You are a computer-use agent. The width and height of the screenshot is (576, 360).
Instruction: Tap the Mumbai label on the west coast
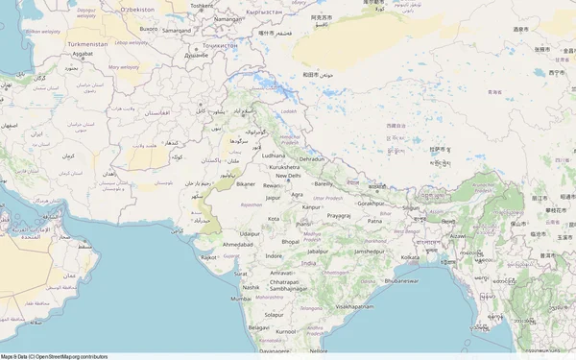(x=241, y=299)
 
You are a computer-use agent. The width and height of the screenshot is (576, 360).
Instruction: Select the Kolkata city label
(x=410, y=257)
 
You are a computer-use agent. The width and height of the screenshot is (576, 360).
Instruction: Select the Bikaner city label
(x=247, y=183)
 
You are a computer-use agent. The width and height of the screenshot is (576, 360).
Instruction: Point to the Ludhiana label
(x=274, y=155)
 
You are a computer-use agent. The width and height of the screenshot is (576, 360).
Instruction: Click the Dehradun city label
(x=312, y=158)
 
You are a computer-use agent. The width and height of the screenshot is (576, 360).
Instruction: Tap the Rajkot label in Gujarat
(x=209, y=257)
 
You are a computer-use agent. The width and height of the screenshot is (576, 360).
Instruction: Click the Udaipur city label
(x=250, y=233)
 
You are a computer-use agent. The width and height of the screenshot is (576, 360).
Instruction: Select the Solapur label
(x=275, y=314)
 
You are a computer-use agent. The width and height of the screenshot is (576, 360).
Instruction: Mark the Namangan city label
(x=228, y=18)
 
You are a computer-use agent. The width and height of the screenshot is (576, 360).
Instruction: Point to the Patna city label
(x=375, y=221)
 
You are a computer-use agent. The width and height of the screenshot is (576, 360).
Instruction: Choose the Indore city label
(x=275, y=256)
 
